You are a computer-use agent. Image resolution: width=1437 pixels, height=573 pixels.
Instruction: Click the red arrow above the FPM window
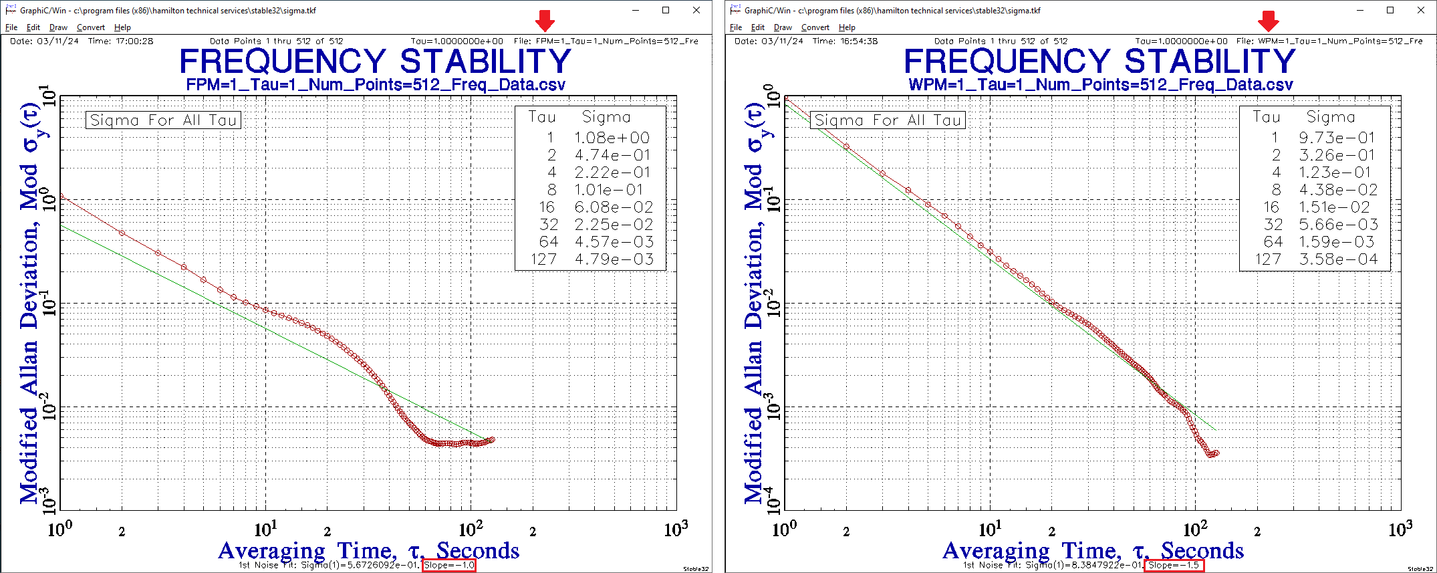[545, 21]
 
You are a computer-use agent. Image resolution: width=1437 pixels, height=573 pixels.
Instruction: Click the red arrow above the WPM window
[1268, 21]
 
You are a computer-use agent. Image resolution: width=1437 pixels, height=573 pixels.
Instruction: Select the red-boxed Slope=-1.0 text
[449, 566]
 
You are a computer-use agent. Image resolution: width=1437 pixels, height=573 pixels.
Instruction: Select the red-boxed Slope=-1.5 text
[1174, 566]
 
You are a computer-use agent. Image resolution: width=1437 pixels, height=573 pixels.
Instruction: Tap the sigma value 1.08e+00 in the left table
[612, 138]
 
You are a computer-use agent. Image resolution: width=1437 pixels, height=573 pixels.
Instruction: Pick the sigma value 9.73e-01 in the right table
[1337, 138]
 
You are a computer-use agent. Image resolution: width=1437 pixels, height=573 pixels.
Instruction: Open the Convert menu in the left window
[90, 27]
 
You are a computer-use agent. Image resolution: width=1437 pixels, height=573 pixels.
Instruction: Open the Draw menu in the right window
[783, 27]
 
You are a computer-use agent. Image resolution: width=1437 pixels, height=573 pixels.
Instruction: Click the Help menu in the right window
[847, 27]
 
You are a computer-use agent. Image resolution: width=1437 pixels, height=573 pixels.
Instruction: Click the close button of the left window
[696, 10]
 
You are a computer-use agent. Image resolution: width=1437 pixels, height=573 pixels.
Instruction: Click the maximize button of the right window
[1390, 10]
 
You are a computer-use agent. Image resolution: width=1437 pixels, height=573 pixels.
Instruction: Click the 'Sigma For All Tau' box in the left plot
[163, 120]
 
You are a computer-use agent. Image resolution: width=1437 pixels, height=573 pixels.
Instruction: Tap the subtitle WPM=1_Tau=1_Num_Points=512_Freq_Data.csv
[1100, 85]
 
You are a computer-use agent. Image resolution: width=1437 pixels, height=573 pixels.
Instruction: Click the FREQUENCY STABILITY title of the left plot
[375, 62]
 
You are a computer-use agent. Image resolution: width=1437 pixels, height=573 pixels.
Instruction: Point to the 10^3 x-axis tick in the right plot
[1400, 530]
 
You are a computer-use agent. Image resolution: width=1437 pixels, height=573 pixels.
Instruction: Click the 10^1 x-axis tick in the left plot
[265, 530]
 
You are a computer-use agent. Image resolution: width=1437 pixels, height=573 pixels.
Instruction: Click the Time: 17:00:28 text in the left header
[120, 41]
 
